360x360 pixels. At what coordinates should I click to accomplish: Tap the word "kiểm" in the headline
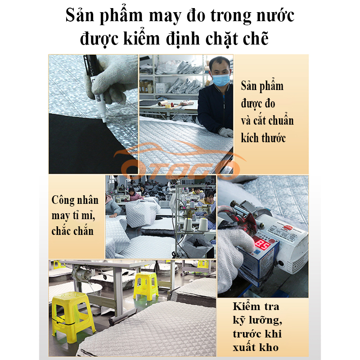click(x=142, y=38)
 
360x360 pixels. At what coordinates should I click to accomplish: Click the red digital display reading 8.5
click(x=262, y=246)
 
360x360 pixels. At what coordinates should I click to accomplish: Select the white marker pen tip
click(x=103, y=117)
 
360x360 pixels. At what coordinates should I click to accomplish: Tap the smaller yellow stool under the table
click(x=145, y=286)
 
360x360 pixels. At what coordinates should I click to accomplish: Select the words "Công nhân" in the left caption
click(x=75, y=200)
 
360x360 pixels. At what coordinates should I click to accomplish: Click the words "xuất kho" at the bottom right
click(x=256, y=347)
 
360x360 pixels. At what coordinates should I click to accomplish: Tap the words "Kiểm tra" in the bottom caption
click(x=256, y=306)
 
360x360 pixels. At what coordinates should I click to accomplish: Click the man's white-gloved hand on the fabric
click(x=226, y=132)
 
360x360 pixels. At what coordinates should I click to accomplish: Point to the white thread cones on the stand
click(x=196, y=225)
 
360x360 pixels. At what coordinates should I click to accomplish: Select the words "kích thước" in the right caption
click(x=263, y=138)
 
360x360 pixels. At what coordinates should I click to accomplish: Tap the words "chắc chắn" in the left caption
click(x=72, y=231)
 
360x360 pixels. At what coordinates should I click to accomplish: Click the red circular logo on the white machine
click(x=288, y=228)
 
